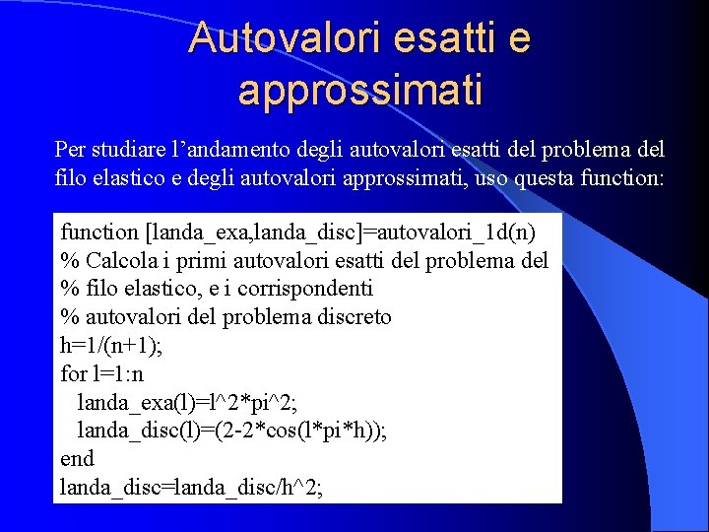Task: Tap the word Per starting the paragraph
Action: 72,151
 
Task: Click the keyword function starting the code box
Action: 99,233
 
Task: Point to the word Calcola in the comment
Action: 117,261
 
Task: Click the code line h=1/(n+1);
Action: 110,346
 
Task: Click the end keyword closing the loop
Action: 77,459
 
